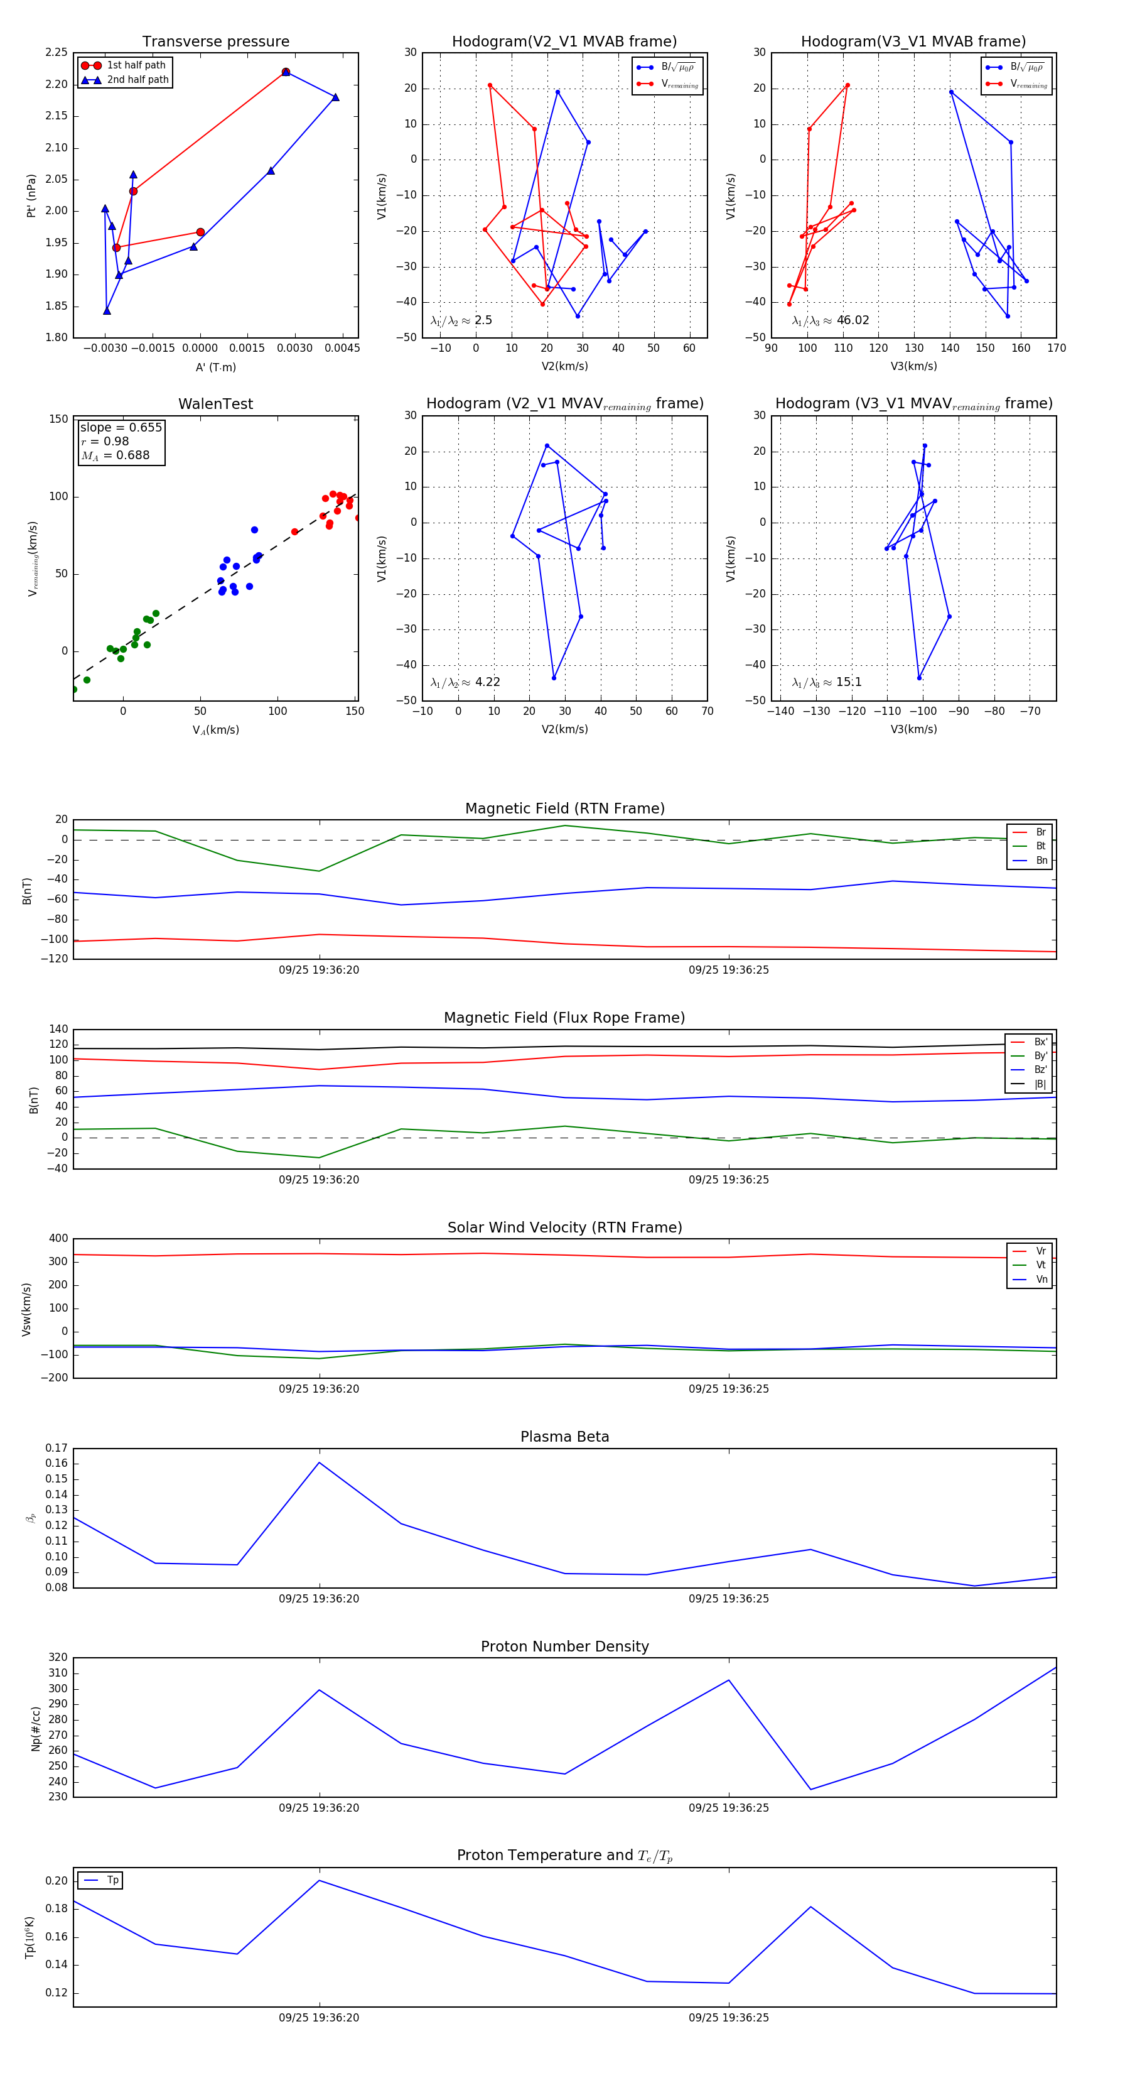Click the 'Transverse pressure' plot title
point(215,42)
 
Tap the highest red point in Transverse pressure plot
point(286,72)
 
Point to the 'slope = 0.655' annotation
point(121,427)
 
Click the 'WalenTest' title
point(215,404)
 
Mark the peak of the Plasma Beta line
point(320,1462)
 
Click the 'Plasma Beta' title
point(564,1437)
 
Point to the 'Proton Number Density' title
point(564,1646)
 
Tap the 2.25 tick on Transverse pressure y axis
point(56,52)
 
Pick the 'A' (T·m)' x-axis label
point(215,367)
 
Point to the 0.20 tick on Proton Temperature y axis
point(56,1881)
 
